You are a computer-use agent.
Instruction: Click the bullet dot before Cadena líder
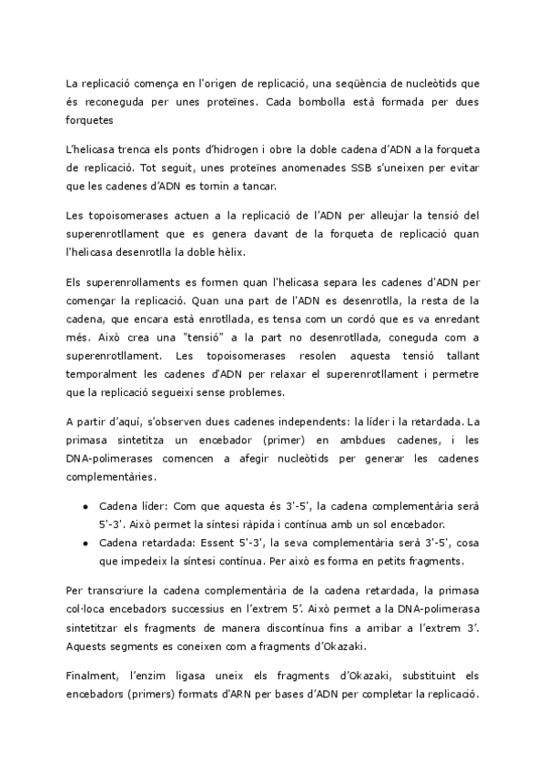pos(85,504)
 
